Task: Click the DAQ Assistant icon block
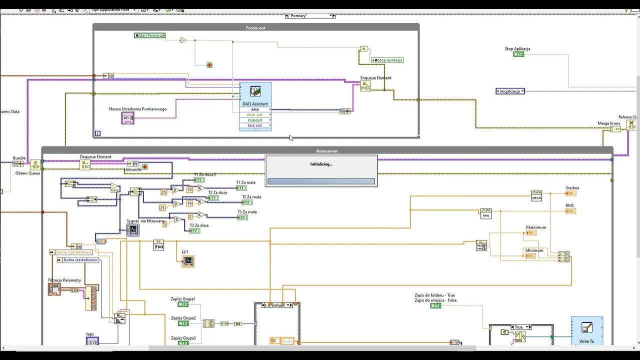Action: tap(255, 92)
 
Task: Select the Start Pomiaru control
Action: tap(149, 35)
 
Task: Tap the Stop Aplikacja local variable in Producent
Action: tap(387, 60)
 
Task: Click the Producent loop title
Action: tap(255, 28)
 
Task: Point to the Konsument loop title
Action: tap(327, 151)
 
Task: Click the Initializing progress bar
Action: tap(321, 181)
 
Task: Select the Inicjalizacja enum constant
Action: tap(510, 91)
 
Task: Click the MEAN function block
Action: tap(536, 195)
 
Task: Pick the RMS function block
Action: tap(485, 213)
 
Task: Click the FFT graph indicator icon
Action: tap(188, 261)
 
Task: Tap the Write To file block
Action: tap(586, 330)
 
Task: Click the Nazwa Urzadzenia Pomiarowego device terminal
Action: tap(127, 118)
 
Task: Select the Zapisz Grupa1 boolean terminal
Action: tap(183, 304)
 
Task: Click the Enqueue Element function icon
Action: tap(365, 86)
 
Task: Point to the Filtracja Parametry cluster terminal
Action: tap(54, 289)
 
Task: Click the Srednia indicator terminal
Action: tap(570, 193)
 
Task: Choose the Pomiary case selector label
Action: tap(309, 16)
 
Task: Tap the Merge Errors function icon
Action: tap(615, 129)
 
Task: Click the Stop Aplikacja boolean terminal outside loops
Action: tap(518, 54)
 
